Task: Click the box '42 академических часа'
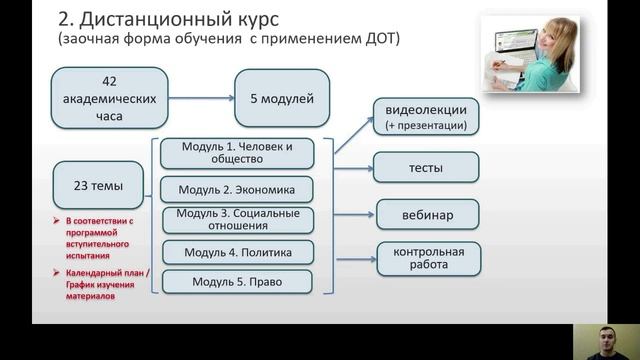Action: pyautogui.click(x=111, y=98)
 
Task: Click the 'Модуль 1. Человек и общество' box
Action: pyautogui.click(x=237, y=152)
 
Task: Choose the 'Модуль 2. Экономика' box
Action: pyautogui.click(x=237, y=188)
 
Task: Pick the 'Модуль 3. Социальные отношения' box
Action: pyautogui.click(x=237, y=219)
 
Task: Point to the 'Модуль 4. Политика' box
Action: pyautogui.click(x=237, y=251)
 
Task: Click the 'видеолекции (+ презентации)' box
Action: pyautogui.click(x=425, y=116)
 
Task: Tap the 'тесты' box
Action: pyautogui.click(x=425, y=168)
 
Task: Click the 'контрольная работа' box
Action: pyautogui.click(x=428, y=258)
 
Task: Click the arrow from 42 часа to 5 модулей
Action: pyautogui.click(x=201, y=98)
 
